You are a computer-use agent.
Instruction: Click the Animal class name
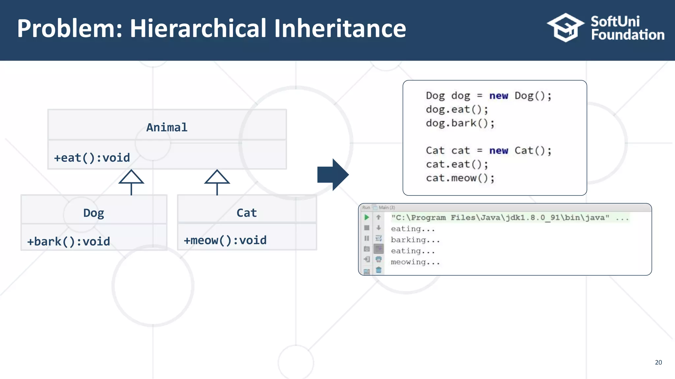pos(167,127)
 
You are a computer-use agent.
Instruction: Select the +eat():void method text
pos(92,158)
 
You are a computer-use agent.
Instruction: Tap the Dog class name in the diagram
pos(94,213)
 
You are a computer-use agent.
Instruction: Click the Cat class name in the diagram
pos(247,213)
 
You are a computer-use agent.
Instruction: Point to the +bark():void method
pos(69,242)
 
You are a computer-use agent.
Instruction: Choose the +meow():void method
pos(225,240)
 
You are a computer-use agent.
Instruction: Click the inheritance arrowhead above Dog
pos(131,177)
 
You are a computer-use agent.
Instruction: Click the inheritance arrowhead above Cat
pos(217,177)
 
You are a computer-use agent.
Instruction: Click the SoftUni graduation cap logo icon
pos(566,28)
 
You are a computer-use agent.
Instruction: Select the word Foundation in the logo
pos(628,35)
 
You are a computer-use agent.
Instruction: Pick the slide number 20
pos(658,362)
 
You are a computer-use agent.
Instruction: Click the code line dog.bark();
pos(460,123)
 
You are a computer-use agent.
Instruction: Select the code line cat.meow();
pos(460,178)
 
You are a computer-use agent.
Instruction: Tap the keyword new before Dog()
pos(498,96)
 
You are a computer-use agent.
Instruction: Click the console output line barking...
pos(415,240)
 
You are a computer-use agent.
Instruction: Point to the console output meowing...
pos(415,262)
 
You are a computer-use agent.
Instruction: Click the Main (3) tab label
pos(387,208)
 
